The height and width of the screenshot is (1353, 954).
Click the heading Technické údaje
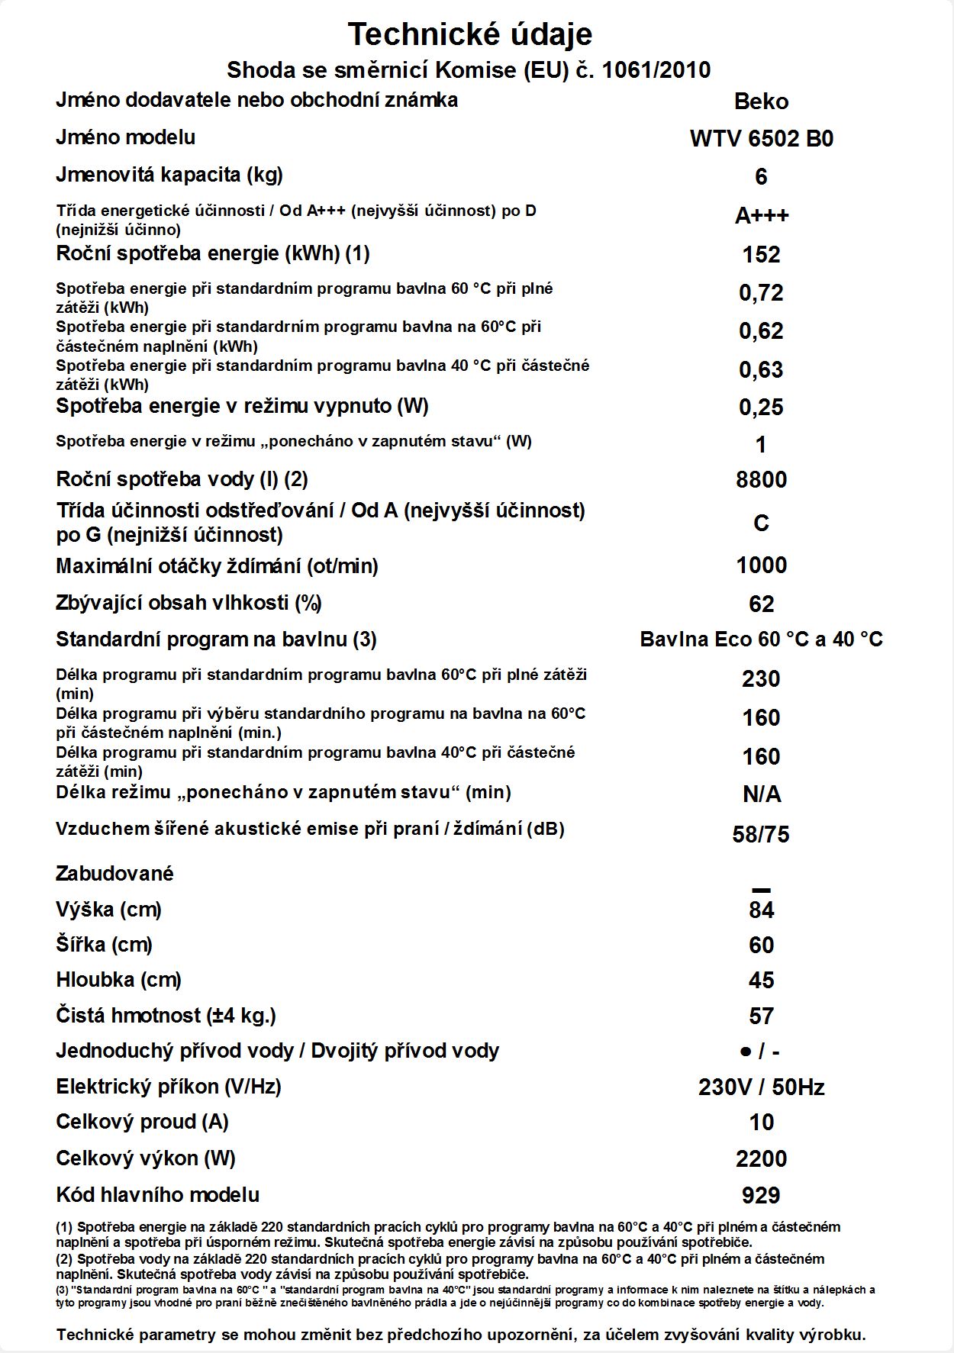coord(469,34)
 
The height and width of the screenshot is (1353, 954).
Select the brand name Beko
coord(761,101)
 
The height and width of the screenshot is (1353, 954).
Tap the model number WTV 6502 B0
coord(761,139)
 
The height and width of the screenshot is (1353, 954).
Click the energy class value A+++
coord(761,216)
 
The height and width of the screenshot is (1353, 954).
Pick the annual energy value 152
coord(761,255)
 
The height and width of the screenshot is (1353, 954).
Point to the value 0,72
coord(761,293)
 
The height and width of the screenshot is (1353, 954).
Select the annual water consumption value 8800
coord(761,480)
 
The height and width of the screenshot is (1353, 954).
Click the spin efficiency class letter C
coord(761,523)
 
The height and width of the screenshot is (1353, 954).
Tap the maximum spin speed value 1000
coord(761,565)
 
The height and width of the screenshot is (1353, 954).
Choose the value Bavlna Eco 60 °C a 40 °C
coord(761,639)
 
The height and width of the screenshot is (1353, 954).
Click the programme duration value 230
coord(761,679)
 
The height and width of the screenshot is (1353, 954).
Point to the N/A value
coord(761,795)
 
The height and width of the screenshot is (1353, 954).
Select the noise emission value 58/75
coord(761,835)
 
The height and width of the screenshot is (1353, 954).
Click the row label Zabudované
coord(114,874)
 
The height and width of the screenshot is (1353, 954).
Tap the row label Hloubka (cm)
coord(118,980)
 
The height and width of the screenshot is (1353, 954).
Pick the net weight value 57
coord(761,1016)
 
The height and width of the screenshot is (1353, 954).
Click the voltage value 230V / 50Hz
coord(761,1087)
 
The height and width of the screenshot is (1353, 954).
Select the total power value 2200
coord(761,1159)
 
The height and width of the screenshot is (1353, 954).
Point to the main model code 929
coord(761,1196)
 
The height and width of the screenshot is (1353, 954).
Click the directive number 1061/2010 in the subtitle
coord(656,71)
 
